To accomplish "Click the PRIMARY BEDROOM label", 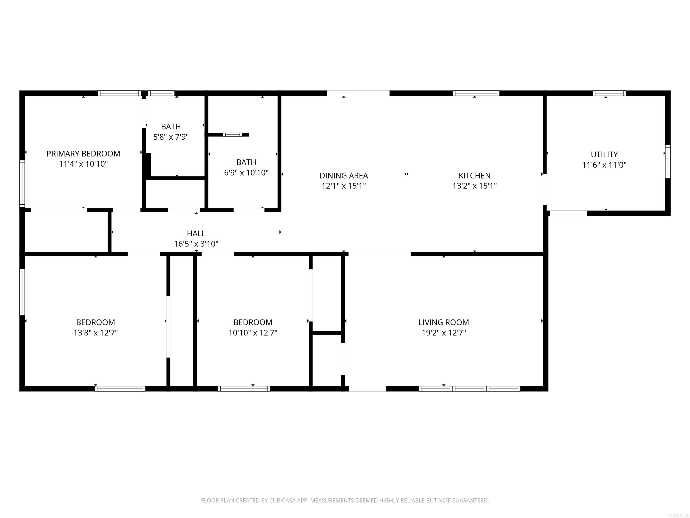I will click(x=83, y=154).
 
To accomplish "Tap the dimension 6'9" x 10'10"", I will click(x=246, y=173).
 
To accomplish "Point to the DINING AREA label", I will click(x=344, y=175).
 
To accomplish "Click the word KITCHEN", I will click(x=474, y=175).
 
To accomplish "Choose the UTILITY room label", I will click(x=604, y=154).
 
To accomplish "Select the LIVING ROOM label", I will click(x=444, y=322).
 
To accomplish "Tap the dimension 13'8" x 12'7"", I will click(x=95, y=333).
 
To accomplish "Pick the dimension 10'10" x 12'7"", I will click(x=253, y=333).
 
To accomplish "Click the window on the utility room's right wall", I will click(x=668, y=162).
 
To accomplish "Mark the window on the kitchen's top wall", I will click(x=476, y=93).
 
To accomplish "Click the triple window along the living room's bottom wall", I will click(x=469, y=389).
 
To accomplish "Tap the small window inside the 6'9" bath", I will click(x=232, y=135).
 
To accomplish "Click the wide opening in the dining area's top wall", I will click(x=358, y=93).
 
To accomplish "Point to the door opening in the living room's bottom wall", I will click(x=367, y=389).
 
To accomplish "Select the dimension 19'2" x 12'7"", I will click(x=444, y=333).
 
